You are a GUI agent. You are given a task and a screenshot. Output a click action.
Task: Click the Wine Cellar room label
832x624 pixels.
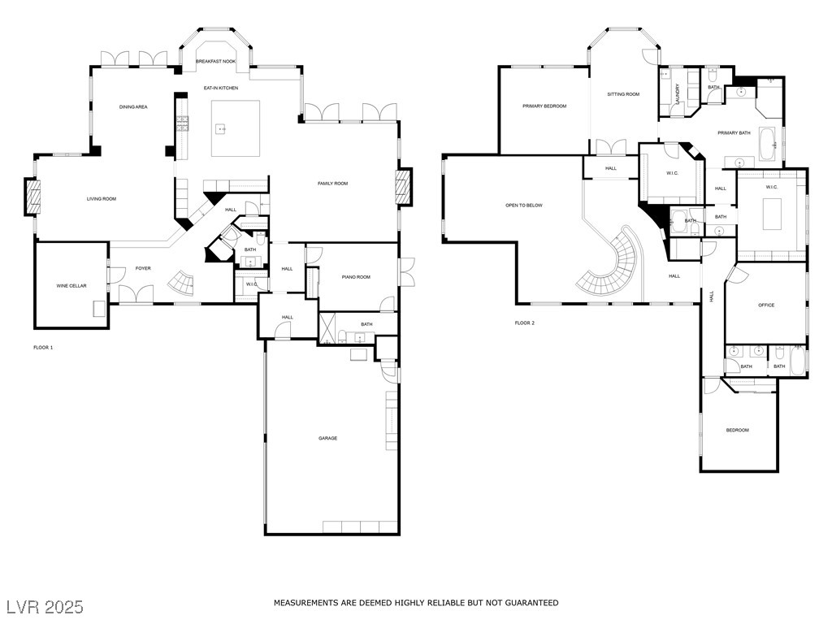[x=71, y=286]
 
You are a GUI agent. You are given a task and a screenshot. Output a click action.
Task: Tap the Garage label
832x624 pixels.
[x=328, y=438]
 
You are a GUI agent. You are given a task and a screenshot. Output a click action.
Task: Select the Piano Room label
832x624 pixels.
[x=356, y=277]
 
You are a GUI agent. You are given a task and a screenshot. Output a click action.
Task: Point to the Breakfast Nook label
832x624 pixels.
[x=215, y=62]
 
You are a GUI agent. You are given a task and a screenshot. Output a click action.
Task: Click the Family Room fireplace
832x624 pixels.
[x=404, y=187]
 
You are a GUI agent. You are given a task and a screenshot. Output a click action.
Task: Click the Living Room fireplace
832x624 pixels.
[x=32, y=197]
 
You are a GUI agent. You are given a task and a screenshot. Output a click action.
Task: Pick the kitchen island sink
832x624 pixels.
[x=220, y=129]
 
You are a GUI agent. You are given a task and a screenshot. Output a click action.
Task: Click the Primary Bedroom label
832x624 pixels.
[x=544, y=106]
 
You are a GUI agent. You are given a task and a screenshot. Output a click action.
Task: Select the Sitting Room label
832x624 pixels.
[x=623, y=94]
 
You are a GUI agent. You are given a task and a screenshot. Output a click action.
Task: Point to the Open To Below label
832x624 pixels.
[x=524, y=206]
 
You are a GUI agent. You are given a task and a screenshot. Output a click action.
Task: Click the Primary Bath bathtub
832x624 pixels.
[x=767, y=144]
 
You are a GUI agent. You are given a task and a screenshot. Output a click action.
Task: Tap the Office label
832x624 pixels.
[x=766, y=305]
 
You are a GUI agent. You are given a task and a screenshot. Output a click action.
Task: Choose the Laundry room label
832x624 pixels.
[x=677, y=93]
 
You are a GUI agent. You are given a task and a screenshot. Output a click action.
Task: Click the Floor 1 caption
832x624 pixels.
[x=43, y=348]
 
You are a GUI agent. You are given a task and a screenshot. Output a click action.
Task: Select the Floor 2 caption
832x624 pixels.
[x=525, y=323]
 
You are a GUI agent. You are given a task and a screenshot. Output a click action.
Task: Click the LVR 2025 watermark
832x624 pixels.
[x=45, y=607]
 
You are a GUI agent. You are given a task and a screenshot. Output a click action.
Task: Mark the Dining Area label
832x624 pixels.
[x=133, y=107]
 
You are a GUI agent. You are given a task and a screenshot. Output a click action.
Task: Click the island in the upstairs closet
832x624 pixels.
[x=772, y=214]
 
